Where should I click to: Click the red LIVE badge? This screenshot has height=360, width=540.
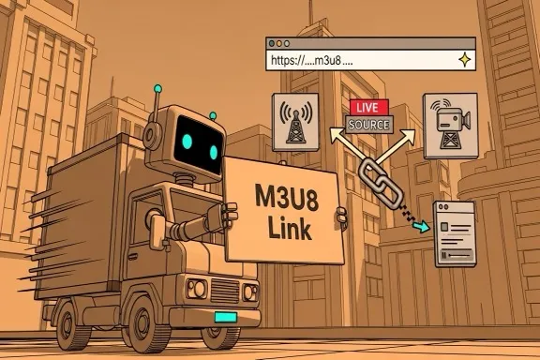click(x=361, y=109)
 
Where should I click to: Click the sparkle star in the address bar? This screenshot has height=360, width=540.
click(x=460, y=59)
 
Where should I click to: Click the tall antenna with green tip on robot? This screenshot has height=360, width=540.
click(x=157, y=94)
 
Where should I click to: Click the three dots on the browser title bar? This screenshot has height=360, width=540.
click(x=279, y=43)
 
